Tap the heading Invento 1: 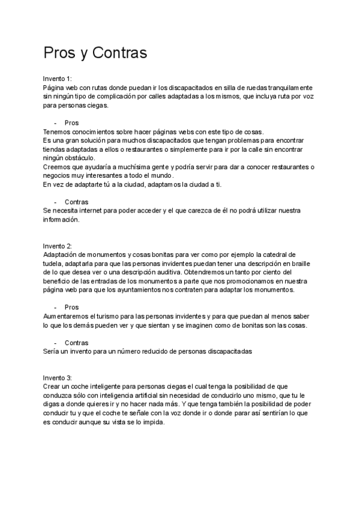(57, 79)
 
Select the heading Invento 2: (57, 246)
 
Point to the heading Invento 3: (57, 378)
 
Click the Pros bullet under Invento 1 (71, 122)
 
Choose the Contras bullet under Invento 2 (76, 342)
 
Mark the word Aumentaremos (65, 315)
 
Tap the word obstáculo (74, 158)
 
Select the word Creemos (56, 166)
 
